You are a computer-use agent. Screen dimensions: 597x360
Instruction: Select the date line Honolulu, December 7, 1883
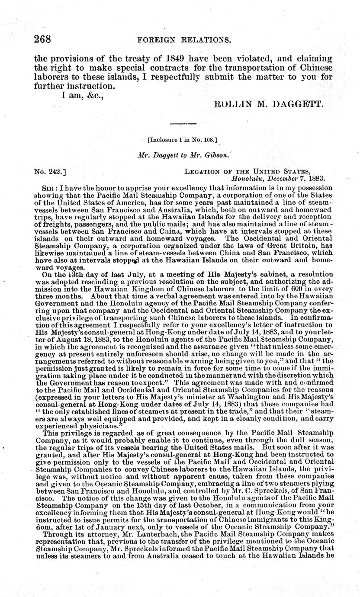(278, 178)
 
